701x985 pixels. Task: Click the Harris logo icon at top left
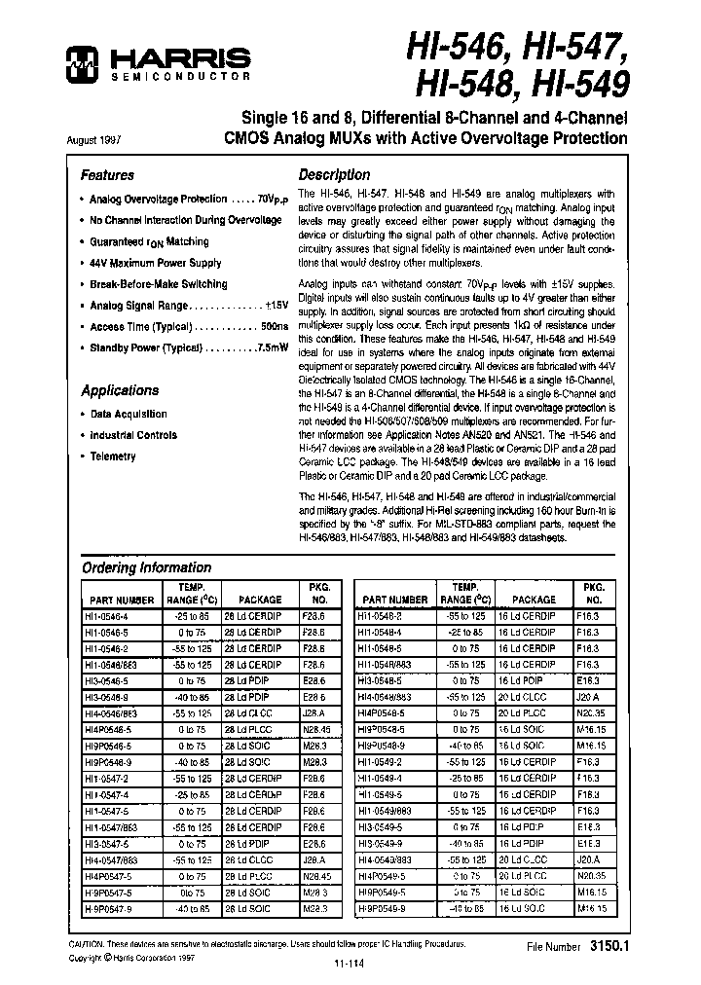pos(78,65)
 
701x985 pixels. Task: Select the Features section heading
pos(107,176)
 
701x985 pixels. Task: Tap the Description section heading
pos(334,175)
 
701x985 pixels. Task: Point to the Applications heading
pos(120,390)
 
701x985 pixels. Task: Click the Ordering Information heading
pos(146,567)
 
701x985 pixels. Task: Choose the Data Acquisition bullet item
pos(128,414)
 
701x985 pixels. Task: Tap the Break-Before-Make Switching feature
pos(158,284)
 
